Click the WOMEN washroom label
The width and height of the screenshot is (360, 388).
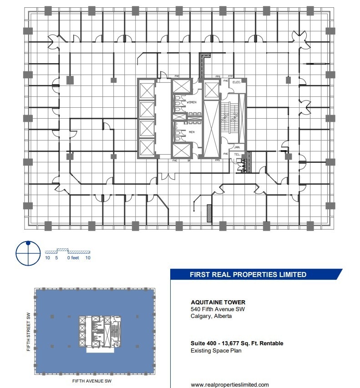coord(191,102)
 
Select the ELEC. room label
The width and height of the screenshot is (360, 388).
coord(236,82)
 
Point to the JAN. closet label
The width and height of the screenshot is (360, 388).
coord(237,147)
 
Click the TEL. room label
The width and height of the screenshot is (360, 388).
coord(237,154)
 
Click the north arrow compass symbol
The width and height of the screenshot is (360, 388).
coord(28,252)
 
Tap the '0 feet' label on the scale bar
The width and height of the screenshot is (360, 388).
coord(73,258)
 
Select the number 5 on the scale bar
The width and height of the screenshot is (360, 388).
coord(56,258)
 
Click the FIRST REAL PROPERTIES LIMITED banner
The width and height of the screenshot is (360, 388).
coord(248,274)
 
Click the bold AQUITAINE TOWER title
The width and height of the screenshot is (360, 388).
coord(218,302)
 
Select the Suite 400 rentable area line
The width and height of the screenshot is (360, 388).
coord(237,343)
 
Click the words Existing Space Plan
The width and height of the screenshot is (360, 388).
coord(216,351)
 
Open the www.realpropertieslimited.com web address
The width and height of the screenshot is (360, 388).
coord(230,384)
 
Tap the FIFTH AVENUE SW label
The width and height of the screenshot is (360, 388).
coord(92,381)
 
